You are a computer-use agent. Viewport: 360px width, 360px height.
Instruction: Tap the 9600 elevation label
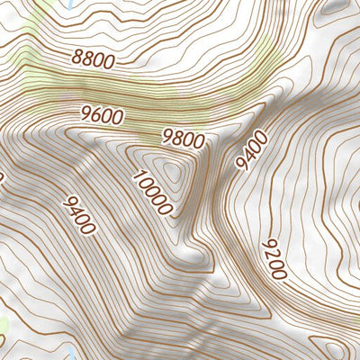[101, 117]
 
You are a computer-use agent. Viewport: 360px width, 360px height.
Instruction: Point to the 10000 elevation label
[151, 192]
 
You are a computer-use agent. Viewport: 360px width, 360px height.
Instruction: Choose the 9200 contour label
[274, 259]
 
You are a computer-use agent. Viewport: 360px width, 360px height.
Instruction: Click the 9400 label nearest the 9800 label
[252, 149]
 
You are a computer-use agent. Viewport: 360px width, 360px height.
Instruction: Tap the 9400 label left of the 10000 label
[79, 215]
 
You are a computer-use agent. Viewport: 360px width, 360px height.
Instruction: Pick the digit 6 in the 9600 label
[95, 116]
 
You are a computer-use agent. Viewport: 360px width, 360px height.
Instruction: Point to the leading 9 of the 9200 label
[266, 245]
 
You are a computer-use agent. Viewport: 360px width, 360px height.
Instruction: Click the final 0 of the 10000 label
[165, 209]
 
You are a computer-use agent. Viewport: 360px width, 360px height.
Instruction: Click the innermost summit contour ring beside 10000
[168, 167]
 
